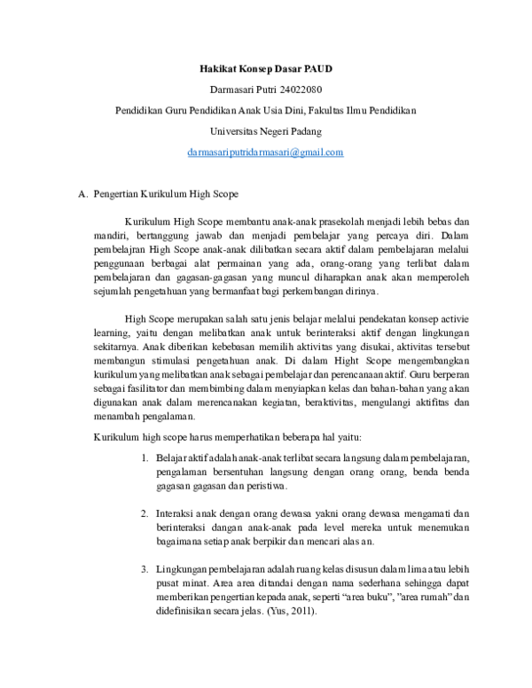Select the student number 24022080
pos(296,90)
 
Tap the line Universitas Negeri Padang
pos(265,131)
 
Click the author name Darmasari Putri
pos(239,90)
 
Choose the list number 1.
pos(145,457)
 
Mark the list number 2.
pos(145,513)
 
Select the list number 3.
pos(145,569)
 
